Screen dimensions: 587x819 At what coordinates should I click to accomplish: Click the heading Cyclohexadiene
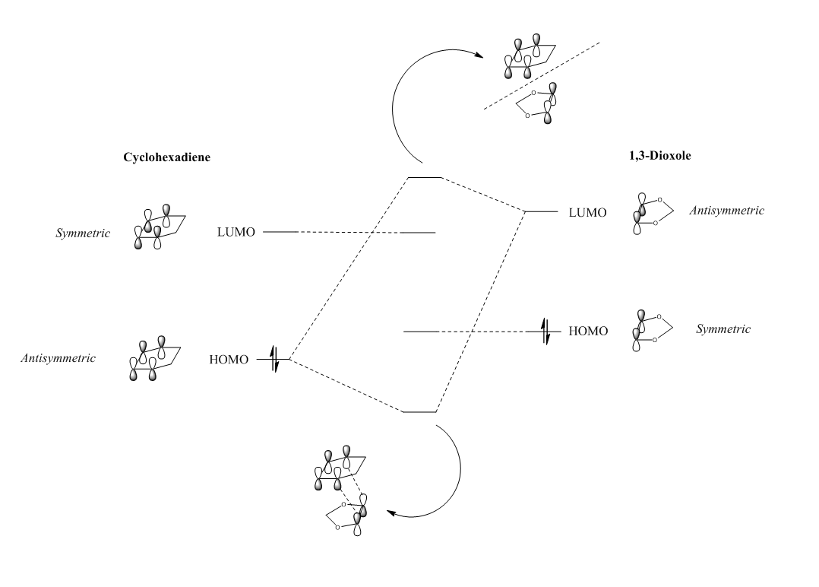[166, 157]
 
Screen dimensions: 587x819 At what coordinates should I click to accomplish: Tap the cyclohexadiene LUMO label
[236, 231]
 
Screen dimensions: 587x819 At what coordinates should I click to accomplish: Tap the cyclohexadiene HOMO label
[229, 360]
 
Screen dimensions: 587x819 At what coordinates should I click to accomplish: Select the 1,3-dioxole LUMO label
[588, 212]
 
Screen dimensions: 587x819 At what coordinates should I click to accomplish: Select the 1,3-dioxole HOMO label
[588, 332]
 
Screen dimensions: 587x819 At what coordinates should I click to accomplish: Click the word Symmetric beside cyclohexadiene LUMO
[83, 233]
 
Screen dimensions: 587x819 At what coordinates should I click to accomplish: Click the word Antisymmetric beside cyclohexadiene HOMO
[58, 357]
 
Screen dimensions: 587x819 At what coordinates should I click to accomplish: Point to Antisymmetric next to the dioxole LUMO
[726, 211]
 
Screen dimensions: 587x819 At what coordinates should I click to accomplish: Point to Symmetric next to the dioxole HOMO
[723, 329]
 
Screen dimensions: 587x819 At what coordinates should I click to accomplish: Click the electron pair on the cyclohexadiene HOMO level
[275, 360]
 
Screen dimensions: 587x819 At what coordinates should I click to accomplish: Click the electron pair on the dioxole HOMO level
[544, 332]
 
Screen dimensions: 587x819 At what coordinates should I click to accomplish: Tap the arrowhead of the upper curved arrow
[482, 55]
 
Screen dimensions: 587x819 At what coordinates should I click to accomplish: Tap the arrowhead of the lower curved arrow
[391, 513]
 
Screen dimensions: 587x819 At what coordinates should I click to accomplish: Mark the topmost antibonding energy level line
[425, 177]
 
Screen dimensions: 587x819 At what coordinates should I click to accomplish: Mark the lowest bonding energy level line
[419, 411]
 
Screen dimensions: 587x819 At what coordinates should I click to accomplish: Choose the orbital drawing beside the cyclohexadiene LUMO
[156, 227]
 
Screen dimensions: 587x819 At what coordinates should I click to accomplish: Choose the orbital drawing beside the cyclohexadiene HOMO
[154, 357]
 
